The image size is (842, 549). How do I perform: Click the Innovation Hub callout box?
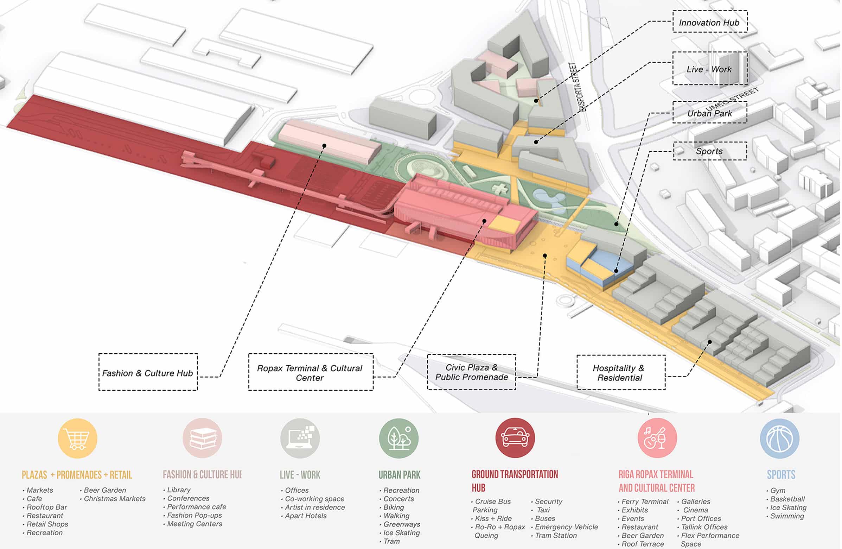710,21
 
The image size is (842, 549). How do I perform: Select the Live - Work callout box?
710,68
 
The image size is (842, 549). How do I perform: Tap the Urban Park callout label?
710,113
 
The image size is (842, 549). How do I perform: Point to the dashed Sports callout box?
710,151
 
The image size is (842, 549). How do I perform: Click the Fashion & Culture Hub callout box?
148,372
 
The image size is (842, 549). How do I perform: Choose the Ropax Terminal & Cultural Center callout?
311,372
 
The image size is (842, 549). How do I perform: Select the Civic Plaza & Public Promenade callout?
471,372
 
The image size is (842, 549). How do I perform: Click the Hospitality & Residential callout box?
621,372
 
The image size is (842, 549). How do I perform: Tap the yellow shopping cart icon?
77,438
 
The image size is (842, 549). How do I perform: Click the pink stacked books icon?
202,438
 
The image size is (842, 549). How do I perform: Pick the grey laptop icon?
300,438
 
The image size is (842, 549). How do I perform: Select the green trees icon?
399,438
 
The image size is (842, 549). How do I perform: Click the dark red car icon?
515,438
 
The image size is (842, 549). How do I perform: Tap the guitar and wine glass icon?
657,438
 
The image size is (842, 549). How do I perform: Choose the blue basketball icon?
780,438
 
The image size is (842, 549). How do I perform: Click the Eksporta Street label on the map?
578,87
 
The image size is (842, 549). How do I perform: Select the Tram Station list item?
554,536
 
